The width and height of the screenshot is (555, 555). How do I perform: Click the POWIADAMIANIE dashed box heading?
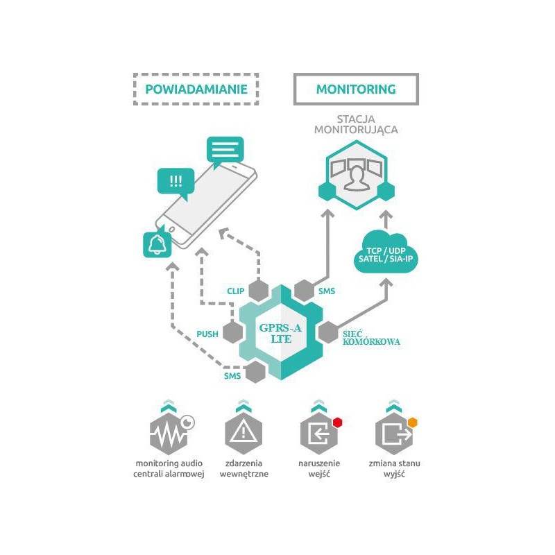(195, 89)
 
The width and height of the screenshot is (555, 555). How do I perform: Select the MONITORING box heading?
(356, 89)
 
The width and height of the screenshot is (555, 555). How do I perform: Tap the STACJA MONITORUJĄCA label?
(356, 123)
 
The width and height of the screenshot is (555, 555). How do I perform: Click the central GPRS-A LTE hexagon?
(281, 332)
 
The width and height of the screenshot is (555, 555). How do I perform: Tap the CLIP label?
(235, 291)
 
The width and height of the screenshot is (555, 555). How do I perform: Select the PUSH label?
(207, 334)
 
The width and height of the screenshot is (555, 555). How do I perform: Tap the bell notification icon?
(157, 244)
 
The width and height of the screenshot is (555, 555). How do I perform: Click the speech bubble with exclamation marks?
(176, 182)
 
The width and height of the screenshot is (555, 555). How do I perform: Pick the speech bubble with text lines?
(225, 149)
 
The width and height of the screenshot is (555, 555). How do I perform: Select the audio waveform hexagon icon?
(169, 436)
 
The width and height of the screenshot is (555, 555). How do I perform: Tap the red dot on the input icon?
(338, 421)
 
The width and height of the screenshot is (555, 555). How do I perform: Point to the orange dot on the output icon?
(412, 421)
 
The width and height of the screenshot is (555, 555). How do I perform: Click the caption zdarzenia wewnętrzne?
(244, 468)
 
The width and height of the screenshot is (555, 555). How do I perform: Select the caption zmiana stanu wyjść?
(393, 468)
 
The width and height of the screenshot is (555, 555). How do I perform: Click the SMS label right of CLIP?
(326, 291)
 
